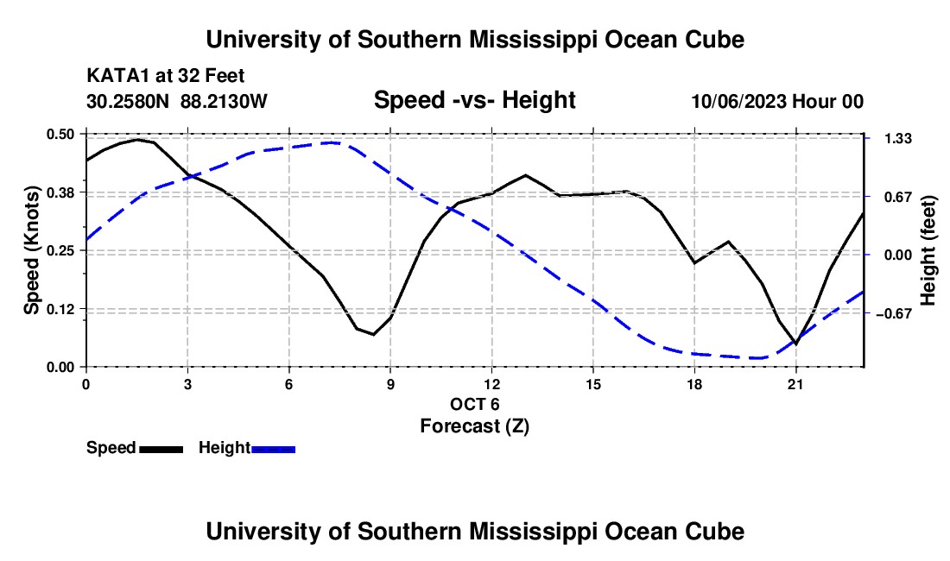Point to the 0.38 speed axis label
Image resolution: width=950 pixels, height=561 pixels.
click(x=60, y=192)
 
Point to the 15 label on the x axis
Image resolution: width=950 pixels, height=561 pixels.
click(x=593, y=384)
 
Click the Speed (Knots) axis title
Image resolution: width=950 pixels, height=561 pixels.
click(x=31, y=250)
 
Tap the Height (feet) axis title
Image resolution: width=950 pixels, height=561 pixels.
click(x=928, y=250)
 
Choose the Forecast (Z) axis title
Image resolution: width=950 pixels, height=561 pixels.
click(x=475, y=426)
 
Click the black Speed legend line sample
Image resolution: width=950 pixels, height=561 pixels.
click(x=161, y=449)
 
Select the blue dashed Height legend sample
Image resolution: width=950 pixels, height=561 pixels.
click(x=273, y=449)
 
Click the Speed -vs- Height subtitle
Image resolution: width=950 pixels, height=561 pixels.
click(x=475, y=100)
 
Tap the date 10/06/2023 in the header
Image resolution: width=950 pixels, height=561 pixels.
click(x=739, y=101)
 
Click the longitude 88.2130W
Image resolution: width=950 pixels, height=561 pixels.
click(x=224, y=101)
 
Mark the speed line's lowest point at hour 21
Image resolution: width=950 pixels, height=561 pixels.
click(x=795, y=344)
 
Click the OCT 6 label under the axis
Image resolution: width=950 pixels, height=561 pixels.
click(x=475, y=404)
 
